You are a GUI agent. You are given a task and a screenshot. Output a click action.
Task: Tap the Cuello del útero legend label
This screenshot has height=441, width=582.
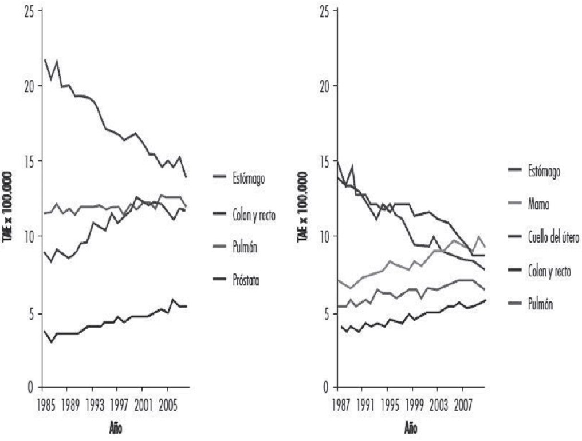tap(553, 238)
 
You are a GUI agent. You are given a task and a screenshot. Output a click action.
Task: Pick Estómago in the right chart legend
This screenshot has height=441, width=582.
tap(544, 170)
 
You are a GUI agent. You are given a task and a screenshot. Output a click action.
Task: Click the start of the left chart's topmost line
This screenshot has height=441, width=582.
tap(45, 59)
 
